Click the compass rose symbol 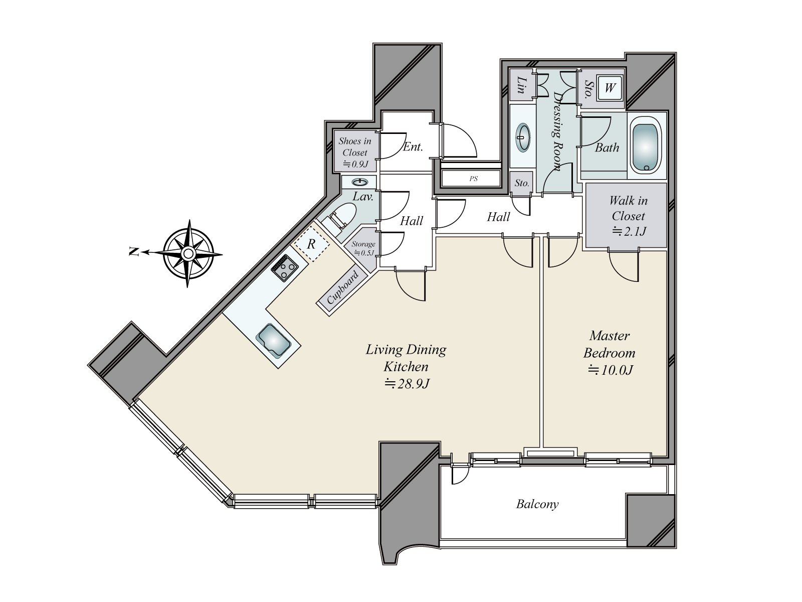[188, 253]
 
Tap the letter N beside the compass [133, 252]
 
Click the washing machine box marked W [610, 88]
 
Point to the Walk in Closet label [628, 216]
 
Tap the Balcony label [537, 504]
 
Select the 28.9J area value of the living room [407, 384]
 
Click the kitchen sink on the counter [273, 341]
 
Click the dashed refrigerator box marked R [311, 244]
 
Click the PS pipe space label [473, 179]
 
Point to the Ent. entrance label [413, 147]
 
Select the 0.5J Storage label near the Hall [363, 248]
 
